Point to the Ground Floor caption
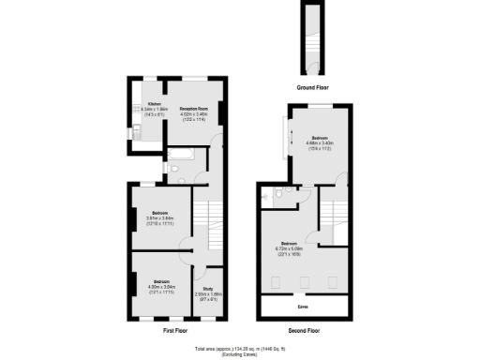312,87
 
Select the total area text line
240,350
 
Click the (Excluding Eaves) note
240,355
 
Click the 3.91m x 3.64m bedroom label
159,218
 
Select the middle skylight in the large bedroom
305,282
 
